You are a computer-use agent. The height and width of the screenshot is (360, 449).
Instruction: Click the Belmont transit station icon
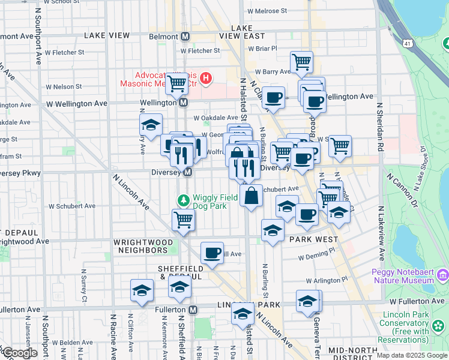click(185, 36)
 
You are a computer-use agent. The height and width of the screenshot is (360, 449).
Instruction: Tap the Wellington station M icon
click(183, 103)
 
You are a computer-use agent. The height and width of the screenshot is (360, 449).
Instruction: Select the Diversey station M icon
click(187, 173)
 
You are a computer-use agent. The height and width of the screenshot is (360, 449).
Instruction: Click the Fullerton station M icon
click(193, 310)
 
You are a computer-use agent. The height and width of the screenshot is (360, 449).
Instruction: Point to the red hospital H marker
click(206, 78)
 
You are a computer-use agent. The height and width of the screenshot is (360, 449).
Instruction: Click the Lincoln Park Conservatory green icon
click(439, 326)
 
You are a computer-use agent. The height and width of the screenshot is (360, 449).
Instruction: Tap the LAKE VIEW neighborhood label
click(107, 35)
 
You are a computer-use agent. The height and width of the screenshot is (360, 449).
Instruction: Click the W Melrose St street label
click(267, 11)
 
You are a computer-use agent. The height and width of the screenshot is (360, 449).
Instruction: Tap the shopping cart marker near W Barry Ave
click(301, 62)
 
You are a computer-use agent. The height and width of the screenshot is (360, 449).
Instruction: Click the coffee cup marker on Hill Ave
click(211, 253)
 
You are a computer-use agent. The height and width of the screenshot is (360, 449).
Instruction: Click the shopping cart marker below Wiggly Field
click(183, 220)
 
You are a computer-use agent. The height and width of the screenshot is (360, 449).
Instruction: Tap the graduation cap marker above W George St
click(150, 125)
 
